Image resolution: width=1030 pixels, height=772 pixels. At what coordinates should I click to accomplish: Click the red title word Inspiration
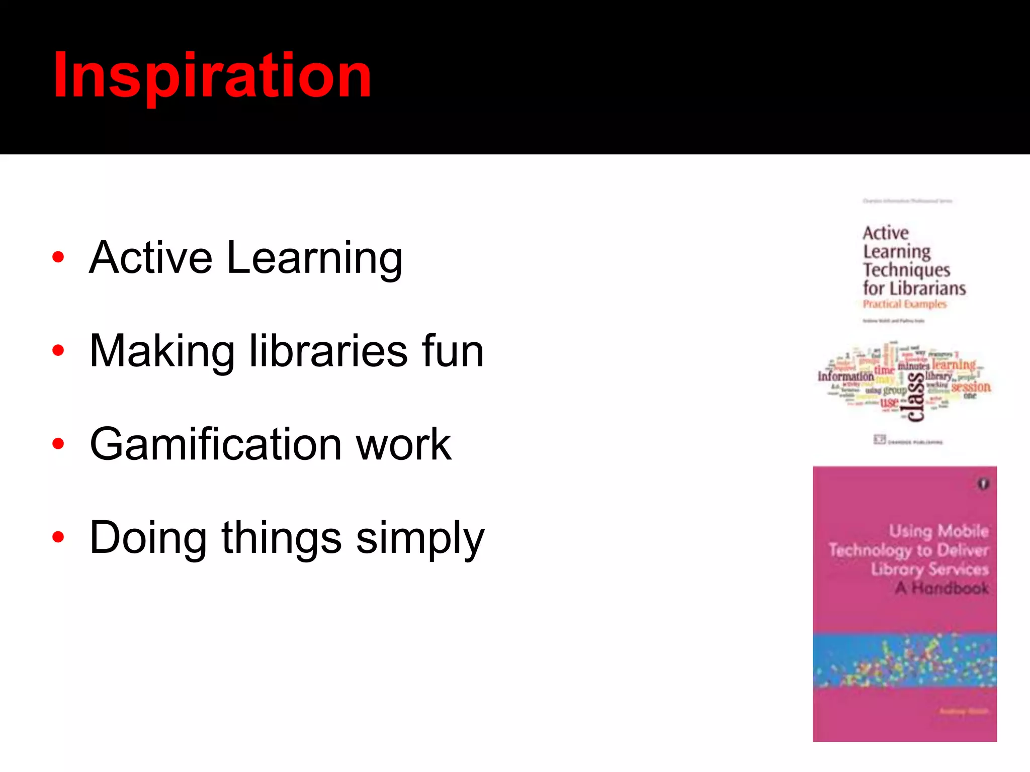click(x=212, y=75)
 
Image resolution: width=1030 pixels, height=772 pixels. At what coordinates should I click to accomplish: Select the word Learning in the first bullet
click(x=314, y=258)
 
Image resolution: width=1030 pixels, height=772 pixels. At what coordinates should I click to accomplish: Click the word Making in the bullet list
click(x=162, y=352)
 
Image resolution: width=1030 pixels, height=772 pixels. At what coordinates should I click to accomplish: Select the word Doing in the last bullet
click(x=148, y=538)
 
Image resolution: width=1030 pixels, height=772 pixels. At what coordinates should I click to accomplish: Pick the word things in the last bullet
click(x=282, y=538)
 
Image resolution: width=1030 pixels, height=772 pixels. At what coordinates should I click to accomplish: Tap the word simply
click(x=420, y=538)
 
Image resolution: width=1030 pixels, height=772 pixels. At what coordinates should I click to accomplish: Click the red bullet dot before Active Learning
click(x=58, y=257)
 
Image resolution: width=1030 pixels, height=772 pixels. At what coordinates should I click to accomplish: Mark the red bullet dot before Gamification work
click(x=58, y=444)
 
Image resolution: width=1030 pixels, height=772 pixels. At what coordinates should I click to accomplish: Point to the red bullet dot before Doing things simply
click(x=58, y=537)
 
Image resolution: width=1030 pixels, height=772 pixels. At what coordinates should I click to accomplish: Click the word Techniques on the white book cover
click(x=906, y=270)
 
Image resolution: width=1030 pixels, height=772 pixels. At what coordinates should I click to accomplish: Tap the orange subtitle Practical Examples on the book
click(x=904, y=304)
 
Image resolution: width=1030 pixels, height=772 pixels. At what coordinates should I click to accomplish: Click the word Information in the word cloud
click(x=845, y=376)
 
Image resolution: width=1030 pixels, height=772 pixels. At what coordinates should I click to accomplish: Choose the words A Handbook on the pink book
click(x=942, y=588)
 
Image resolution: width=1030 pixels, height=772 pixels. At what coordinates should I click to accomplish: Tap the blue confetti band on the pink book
click(x=904, y=660)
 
